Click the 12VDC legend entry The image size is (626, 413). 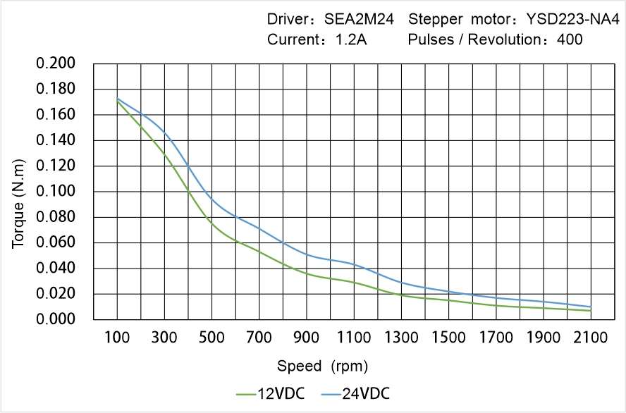(271, 393)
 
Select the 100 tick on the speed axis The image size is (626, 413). (117, 338)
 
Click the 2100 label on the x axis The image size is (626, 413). (591, 338)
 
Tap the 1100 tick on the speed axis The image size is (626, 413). (354, 338)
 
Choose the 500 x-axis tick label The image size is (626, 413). (211, 338)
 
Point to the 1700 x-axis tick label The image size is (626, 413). (496, 338)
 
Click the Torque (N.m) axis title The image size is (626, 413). (18, 192)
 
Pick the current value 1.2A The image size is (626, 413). (350, 39)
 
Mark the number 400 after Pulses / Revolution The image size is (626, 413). (570, 39)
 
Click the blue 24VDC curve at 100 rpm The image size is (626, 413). (117, 99)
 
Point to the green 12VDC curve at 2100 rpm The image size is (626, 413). (591, 310)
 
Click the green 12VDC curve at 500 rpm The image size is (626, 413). (211, 223)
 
